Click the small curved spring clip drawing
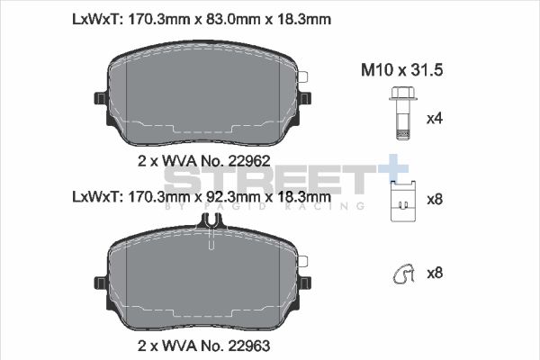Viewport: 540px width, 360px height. click(401, 273)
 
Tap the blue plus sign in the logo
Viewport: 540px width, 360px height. click(391, 171)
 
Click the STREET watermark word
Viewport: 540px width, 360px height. click(270, 180)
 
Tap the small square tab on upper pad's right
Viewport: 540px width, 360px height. click(303, 77)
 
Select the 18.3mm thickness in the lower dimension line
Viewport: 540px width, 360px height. click(301, 195)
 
